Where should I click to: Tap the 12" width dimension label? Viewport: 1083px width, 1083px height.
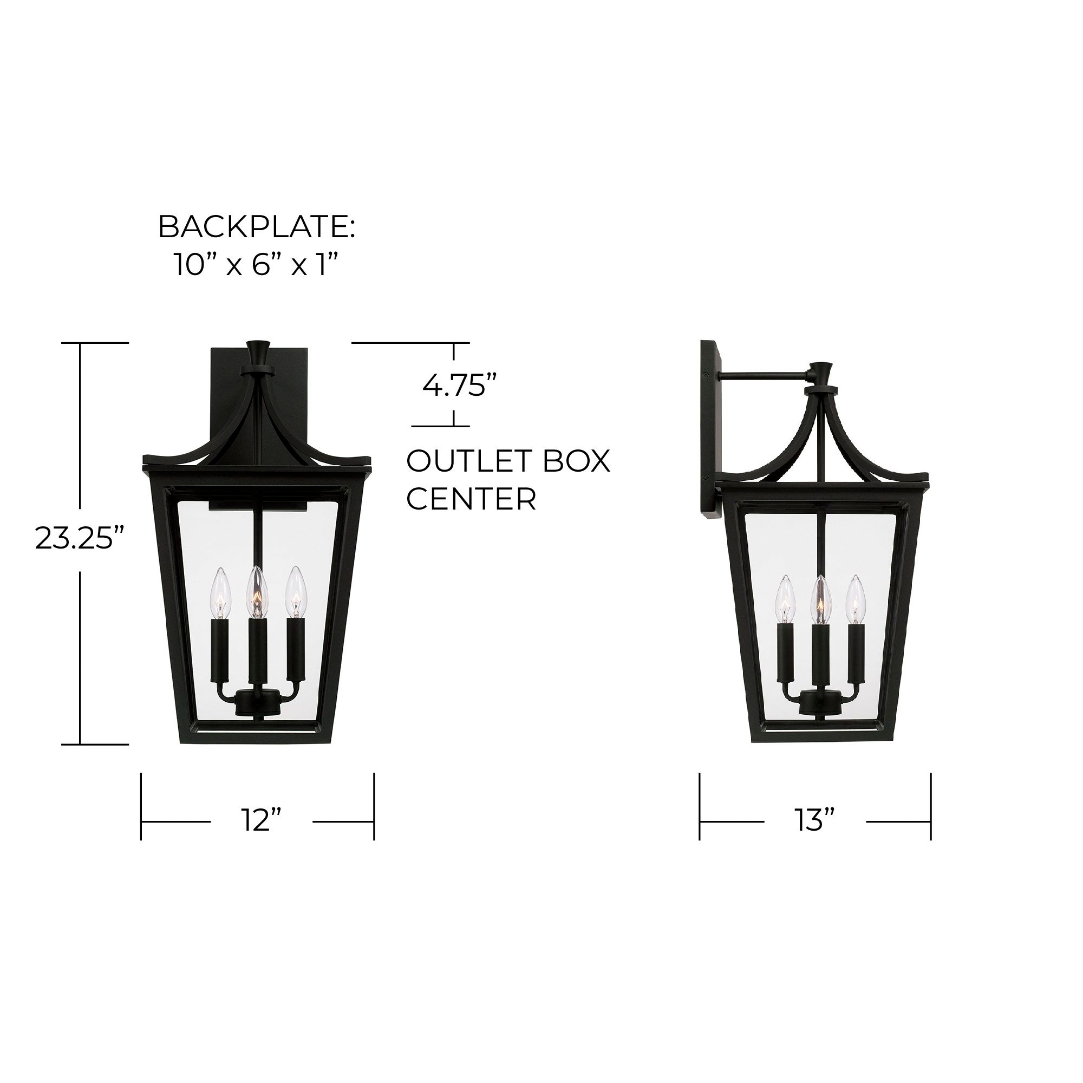pyautogui.click(x=261, y=822)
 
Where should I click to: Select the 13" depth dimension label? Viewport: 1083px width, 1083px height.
pyautogui.click(x=815, y=822)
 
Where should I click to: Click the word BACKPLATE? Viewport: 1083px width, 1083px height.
pyautogui.click(x=257, y=227)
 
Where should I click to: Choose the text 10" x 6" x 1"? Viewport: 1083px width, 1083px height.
pyautogui.click(x=257, y=265)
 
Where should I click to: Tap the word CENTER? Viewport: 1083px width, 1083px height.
pyautogui.click(x=471, y=499)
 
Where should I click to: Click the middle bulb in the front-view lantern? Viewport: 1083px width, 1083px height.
pyautogui.click(x=257, y=591)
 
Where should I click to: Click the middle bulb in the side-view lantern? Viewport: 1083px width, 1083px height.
pyautogui.click(x=821, y=600)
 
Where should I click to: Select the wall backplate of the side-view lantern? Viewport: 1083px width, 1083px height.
pyautogui.click(x=710, y=432)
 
